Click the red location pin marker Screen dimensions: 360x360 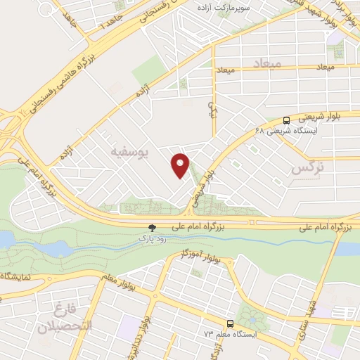tap(181, 165)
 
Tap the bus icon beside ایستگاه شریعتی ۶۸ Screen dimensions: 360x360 tap(286, 120)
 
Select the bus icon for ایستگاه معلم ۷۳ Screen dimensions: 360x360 tap(230, 324)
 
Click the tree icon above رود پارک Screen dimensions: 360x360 tap(151, 227)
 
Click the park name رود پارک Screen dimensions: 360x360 tap(151, 239)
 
